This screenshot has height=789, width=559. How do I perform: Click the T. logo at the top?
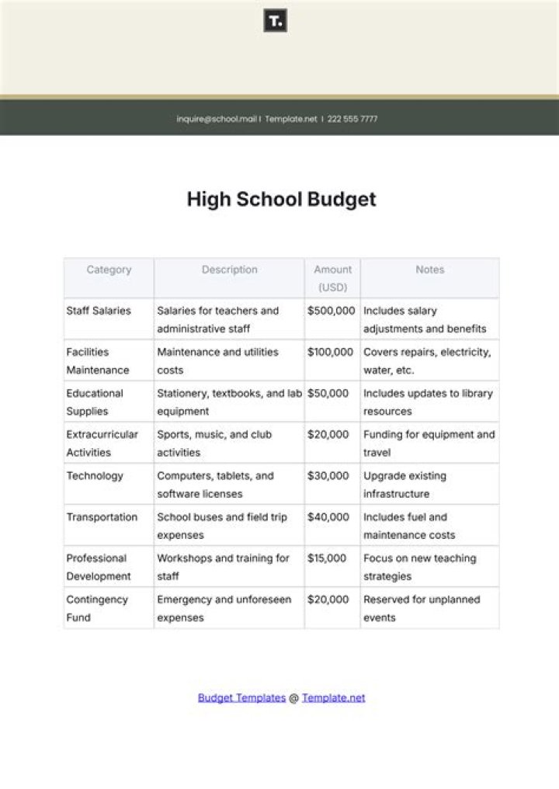[276, 21]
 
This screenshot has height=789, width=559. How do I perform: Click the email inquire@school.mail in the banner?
[217, 119]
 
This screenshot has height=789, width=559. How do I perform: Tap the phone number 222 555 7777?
[352, 119]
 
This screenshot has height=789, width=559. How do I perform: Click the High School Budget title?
[281, 200]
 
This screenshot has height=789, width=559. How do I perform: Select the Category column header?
[109, 269]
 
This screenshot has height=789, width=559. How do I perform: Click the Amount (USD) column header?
[332, 278]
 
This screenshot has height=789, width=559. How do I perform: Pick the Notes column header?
[429, 269]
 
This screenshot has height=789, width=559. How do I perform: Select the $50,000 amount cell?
[328, 393]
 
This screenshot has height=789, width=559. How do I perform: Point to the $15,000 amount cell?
[328, 558]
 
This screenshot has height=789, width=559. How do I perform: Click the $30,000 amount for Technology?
[328, 475]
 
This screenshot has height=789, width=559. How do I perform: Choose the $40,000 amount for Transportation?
[328, 517]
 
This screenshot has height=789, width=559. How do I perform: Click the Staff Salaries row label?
[99, 311]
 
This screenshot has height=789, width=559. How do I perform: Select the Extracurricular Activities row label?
[102, 443]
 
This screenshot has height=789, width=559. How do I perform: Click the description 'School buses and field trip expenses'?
[224, 526]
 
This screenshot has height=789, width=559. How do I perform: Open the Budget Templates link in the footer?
[241, 697]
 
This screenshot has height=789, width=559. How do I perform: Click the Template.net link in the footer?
[333, 697]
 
